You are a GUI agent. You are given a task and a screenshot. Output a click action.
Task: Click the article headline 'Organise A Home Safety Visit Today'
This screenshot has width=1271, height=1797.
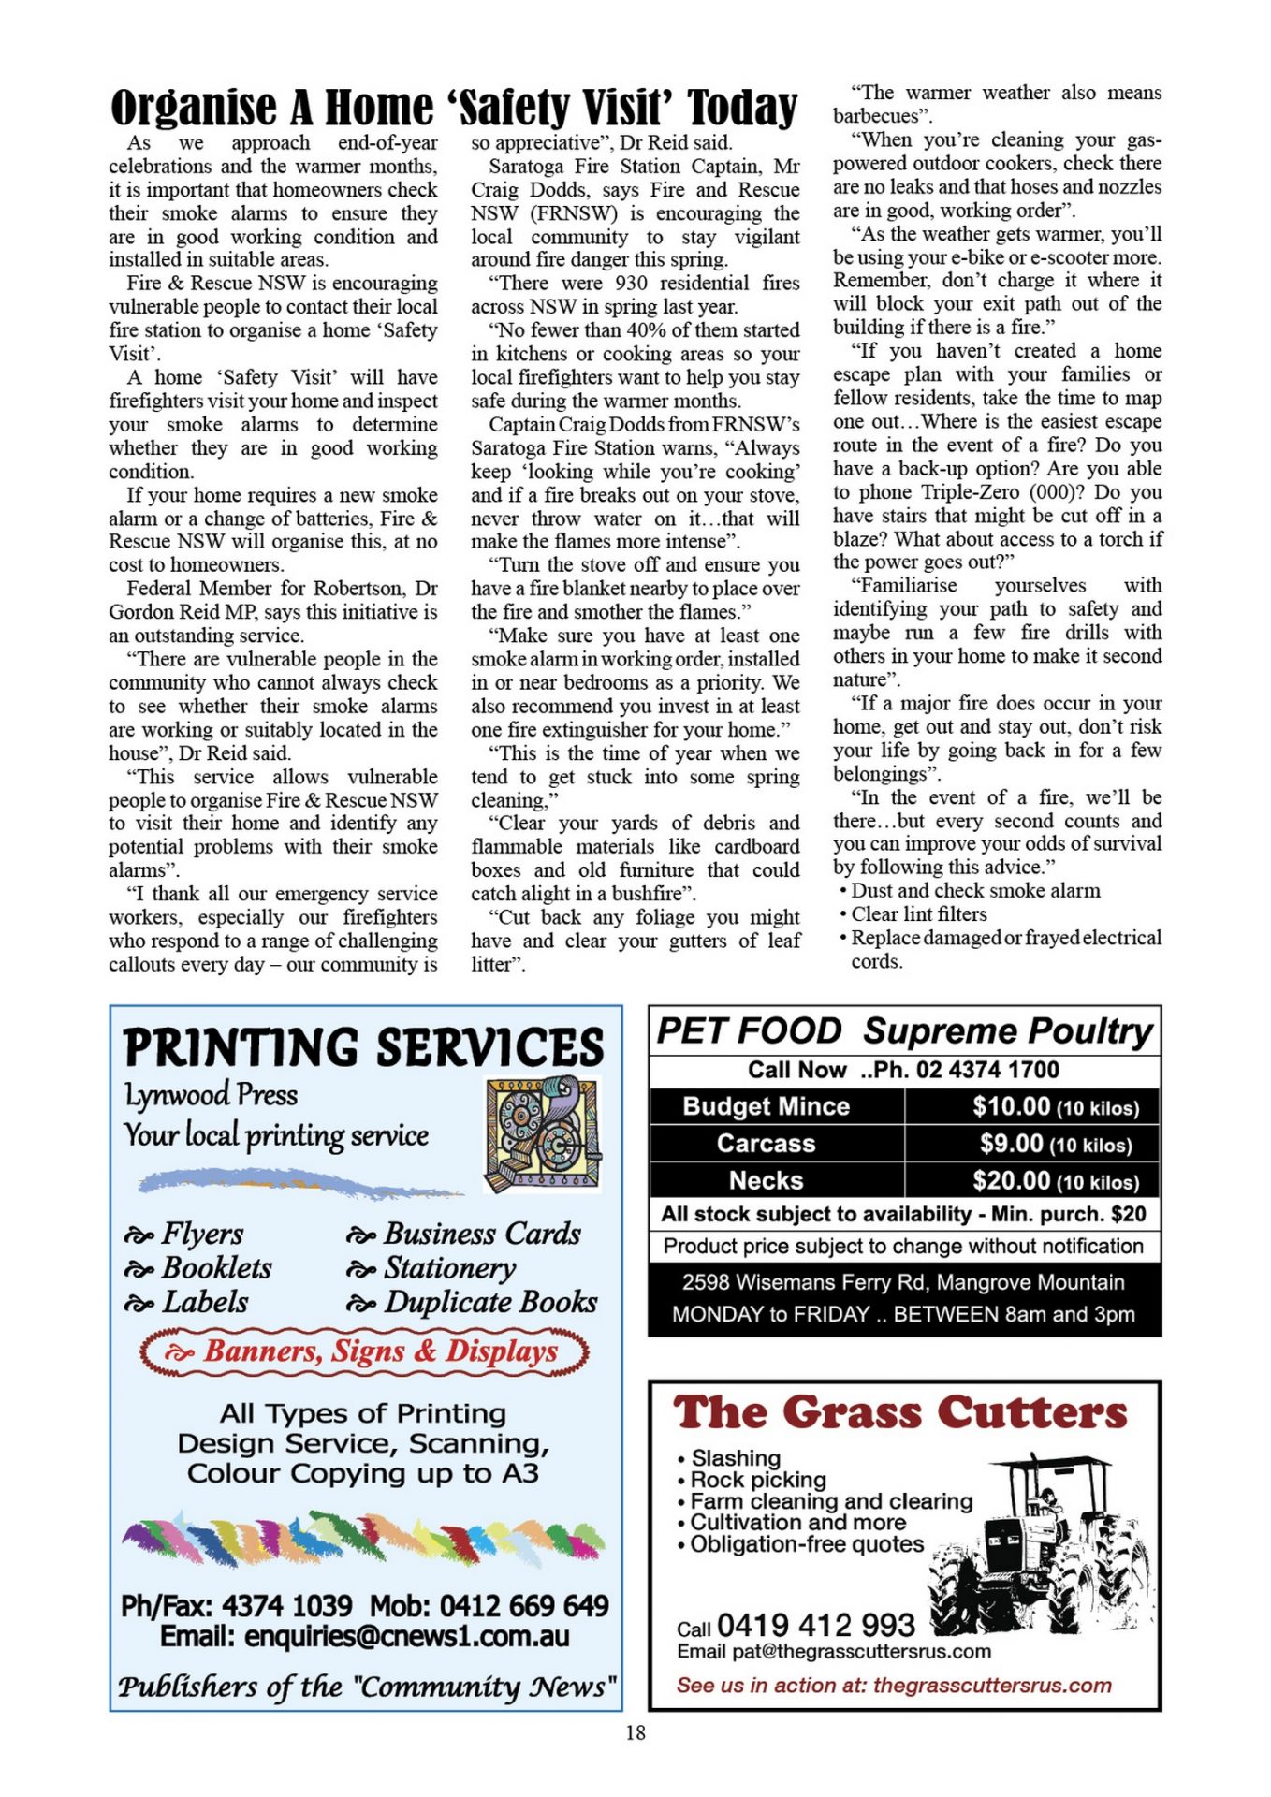coord(454,108)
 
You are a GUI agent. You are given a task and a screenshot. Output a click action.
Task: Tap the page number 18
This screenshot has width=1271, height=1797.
coord(635,1732)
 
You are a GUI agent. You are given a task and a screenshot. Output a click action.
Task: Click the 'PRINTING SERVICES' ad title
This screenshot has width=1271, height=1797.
coord(364,1046)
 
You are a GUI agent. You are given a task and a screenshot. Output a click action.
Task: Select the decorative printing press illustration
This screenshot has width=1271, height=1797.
coord(542,1133)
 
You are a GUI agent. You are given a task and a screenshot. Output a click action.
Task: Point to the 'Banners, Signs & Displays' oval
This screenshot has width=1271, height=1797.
coord(365,1351)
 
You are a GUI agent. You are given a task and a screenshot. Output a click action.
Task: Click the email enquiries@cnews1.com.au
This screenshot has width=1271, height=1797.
coord(365,1636)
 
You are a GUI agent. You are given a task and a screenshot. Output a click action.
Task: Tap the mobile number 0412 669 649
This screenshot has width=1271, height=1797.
coord(524,1606)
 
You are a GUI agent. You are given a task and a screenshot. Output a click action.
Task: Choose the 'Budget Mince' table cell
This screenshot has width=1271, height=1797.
coord(767,1106)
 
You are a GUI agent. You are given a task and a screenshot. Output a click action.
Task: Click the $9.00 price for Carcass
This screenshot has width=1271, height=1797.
coord(1012,1144)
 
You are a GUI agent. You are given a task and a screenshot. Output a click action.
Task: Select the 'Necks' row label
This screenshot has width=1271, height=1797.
coord(767,1181)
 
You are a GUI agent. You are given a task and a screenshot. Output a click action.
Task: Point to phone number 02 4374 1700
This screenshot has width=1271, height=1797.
coord(987,1070)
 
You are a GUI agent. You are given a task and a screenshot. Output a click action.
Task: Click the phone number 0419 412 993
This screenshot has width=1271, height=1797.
coord(816,1625)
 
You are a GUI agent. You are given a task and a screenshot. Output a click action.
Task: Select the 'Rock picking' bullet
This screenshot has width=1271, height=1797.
coord(758,1480)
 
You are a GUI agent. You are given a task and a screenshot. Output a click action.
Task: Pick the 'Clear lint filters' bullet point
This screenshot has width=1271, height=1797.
coord(918,914)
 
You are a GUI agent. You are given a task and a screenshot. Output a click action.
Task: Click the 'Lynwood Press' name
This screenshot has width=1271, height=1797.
coord(212,1095)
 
